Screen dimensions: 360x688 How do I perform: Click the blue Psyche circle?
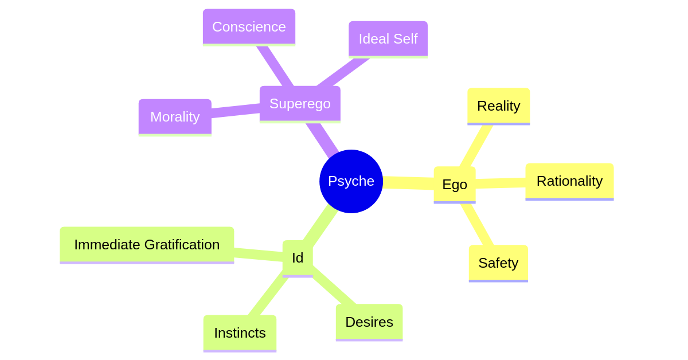tap(351, 181)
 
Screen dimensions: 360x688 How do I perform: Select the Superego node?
tap(300, 104)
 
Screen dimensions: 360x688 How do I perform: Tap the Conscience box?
tap(249, 26)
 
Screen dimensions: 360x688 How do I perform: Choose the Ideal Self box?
tap(388, 39)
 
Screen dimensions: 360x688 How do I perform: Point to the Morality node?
tap(175, 117)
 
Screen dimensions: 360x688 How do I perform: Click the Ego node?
tap(455, 185)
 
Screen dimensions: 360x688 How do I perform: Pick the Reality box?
tap(498, 106)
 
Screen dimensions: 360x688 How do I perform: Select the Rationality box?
tap(569, 181)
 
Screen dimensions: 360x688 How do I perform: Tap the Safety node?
tap(498, 263)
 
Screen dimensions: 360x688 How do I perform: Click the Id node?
tap(298, 258)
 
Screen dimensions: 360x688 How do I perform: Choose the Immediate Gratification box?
tap(147, 245)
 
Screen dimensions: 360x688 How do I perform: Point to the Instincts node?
tap(240, 333)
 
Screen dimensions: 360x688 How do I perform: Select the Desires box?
tap(369, 322)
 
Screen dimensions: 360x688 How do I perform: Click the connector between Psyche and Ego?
tap(408, 183)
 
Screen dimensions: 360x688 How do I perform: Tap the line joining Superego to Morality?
tap(235, 110)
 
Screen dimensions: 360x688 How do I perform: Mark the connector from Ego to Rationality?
tap(501, 183)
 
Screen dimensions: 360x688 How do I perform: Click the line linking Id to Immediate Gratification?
tap(258, 254)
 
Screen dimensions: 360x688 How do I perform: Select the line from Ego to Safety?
tap(478, 225)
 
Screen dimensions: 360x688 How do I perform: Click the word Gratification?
tap(182, 245)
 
